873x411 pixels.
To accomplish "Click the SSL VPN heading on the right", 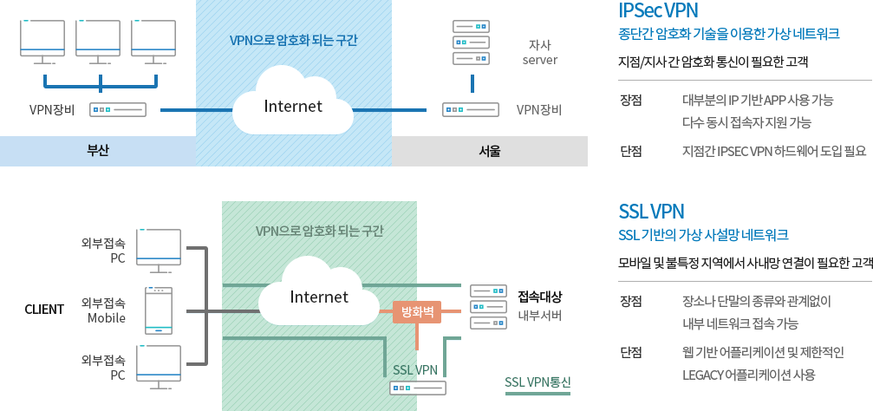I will [x=651, y=211].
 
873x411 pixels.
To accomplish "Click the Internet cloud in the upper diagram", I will [x=293, y=106].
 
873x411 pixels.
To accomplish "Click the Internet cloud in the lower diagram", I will [x=318, y=297].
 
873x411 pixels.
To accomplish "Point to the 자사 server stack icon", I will [x=472, y=42].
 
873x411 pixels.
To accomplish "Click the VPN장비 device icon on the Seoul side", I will [x=471, y=110].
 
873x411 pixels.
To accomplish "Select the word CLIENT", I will [x=44, y=310].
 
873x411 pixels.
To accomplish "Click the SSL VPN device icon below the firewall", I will [x=417, y=388].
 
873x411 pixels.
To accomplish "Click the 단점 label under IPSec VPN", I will [x=630, y=151].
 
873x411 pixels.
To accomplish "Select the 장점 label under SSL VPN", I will [x=630, y=302].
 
